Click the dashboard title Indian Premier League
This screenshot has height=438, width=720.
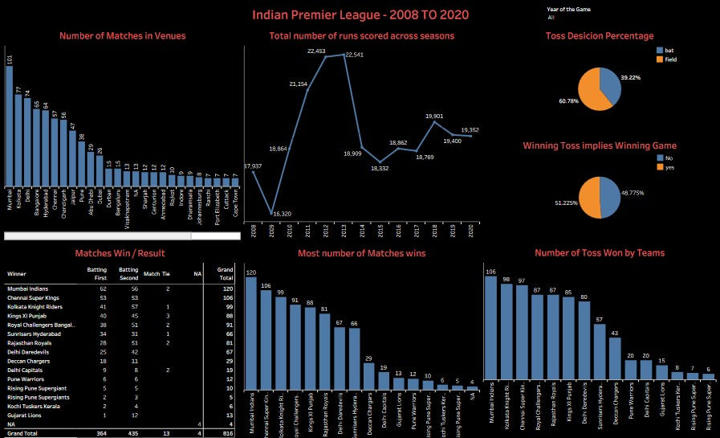(360, 14)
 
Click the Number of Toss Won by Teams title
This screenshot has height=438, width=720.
(600, 253)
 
